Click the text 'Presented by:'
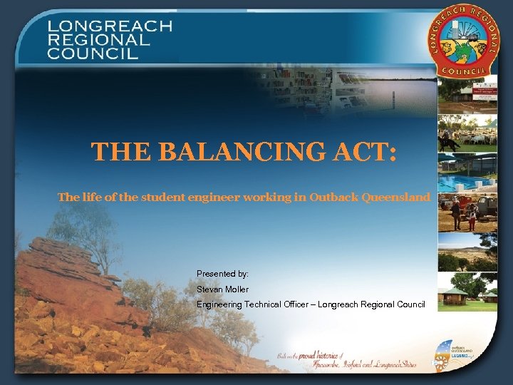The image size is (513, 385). point(222,273)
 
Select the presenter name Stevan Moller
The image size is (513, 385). point(223,289)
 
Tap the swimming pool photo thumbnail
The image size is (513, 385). point(467,173)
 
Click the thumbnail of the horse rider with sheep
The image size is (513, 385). point(467,133)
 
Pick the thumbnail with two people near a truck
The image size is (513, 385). point(467,212)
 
